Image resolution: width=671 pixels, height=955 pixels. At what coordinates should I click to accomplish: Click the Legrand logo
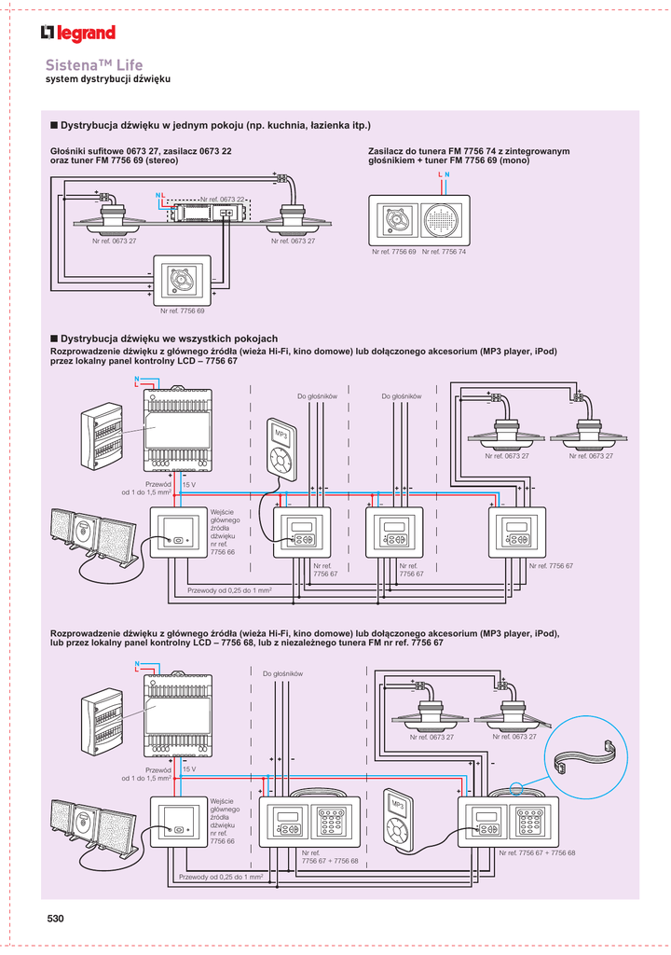tap(78, 34)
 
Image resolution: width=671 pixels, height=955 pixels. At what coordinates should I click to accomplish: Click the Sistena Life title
tap(94, 65)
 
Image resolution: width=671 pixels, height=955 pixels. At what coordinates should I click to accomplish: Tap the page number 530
tap(56, 920)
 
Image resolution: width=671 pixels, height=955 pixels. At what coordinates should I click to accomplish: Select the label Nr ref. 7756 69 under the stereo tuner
tap(182, 311)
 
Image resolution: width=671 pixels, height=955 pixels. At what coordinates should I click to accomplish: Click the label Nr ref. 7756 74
tap(444, 252)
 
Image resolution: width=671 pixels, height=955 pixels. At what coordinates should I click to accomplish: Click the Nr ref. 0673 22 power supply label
tap(223, 199)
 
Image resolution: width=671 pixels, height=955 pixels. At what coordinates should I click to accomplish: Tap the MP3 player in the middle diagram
tap(281, 447)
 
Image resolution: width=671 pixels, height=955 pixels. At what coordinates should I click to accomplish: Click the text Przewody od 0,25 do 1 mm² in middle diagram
tap(229, 591)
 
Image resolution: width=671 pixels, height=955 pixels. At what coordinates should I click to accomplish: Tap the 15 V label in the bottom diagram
tap(188, 768)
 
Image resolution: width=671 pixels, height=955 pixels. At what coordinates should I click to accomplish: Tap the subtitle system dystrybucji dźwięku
tap(108, 80)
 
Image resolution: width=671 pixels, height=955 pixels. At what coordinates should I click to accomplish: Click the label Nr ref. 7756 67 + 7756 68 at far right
tap(537, 853)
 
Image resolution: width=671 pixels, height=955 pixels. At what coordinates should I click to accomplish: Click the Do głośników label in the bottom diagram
tap(282, 673)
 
